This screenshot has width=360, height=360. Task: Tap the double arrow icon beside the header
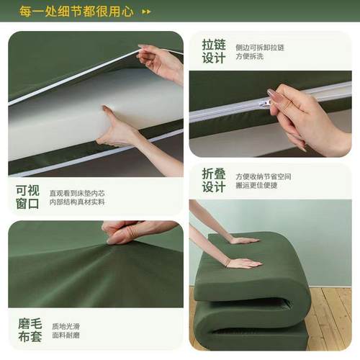pyautogui.click(x=146, y=12)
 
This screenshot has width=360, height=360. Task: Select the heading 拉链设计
pyautogui.click(x=213, y=51)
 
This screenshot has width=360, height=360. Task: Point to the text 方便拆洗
pyautogui.click(x=251, y=58)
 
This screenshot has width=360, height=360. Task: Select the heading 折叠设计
pyautogui.click(x=213, y=181)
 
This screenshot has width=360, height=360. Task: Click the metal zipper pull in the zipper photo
pyautogui.click(x=265, y=103)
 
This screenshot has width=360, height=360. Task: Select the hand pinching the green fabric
pyautogui.click(x=130, y=231)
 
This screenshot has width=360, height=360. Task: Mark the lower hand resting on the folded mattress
pyautogui.click(x=241, y=263)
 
